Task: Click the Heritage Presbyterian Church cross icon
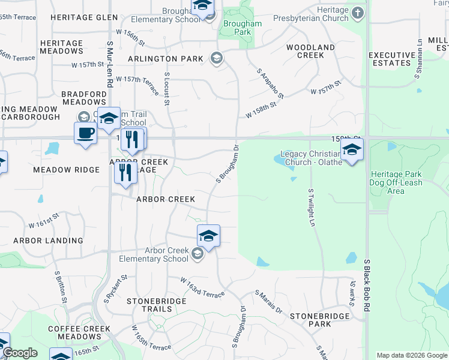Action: coord(358,13)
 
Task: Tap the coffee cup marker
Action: coord(85,133)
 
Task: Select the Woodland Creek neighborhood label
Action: coord(310,51)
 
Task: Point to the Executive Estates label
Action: coord(392,59)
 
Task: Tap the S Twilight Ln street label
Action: coord(311,208)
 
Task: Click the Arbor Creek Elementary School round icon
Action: coord(197,254)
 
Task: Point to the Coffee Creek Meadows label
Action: coord(79,332)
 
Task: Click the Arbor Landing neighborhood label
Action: coord(49,241)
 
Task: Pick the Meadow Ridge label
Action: coord(66,170)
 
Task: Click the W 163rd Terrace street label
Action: coord(203,287)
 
